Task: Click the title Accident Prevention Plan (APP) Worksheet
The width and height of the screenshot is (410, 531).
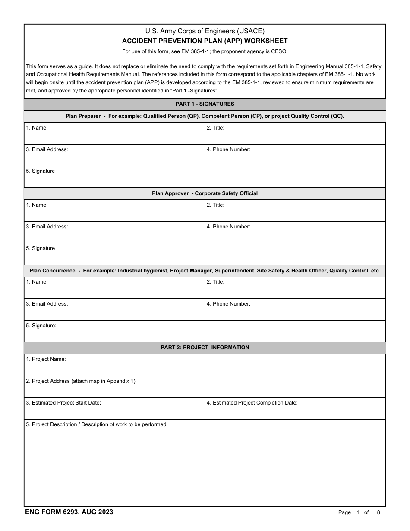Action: click(x=205, y=41)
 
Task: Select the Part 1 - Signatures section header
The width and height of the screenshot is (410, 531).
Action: click(x=205, y=104)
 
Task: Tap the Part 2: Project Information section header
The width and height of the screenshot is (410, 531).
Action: click(x=205, y=348)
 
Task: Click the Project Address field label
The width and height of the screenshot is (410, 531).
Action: click(x=81, y=381)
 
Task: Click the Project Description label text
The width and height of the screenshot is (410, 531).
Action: click(x=97, y=424)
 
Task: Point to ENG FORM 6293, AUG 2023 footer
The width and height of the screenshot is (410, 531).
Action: click(x=69, y=512)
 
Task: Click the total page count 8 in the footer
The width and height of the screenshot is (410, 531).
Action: click(x=378, y=512)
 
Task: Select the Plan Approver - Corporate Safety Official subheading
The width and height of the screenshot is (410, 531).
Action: click(x=205, y=193)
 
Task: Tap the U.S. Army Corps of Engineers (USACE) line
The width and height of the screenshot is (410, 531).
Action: click(x=205, y=31)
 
